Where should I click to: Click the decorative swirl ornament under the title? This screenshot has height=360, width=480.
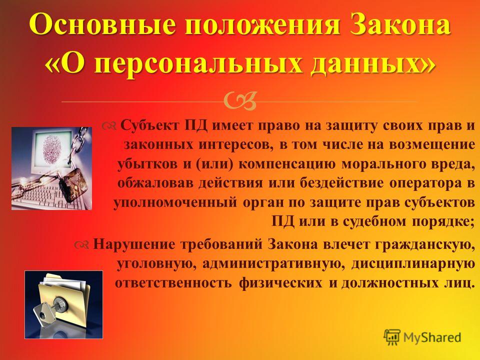pos(240,101)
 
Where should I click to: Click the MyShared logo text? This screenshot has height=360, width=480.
pos(432,337)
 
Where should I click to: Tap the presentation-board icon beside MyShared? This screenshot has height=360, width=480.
pos(392,337)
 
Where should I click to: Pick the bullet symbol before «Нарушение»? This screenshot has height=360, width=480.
pos(81,244)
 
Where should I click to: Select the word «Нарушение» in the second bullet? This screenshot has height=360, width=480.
pos(134,244)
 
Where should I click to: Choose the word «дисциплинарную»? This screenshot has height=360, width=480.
pos(411,264)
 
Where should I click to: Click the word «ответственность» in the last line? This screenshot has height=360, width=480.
pos(173,283)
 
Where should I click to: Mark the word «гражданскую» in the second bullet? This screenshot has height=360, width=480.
pos(422,244)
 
